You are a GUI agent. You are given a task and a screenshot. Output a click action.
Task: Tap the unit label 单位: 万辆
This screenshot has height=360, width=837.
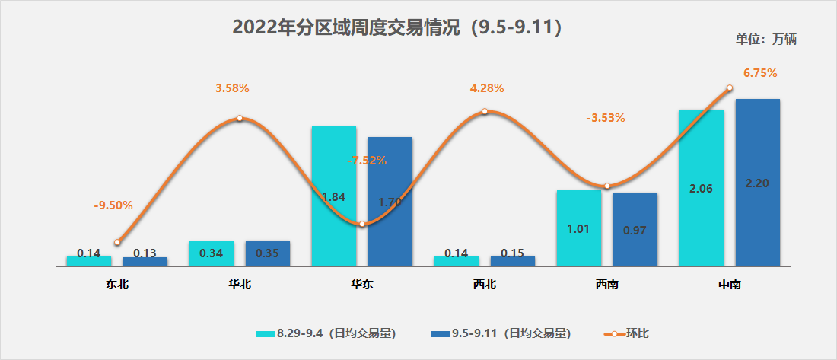[765, 40]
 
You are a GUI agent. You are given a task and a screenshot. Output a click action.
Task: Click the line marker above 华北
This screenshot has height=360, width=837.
[240, 118]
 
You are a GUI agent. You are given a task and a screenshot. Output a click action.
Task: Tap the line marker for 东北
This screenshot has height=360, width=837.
[117, 242]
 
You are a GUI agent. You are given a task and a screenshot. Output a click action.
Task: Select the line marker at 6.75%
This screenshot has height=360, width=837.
[729, 88]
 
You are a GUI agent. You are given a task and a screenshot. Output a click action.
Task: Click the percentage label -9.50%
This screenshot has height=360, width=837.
[113, 205]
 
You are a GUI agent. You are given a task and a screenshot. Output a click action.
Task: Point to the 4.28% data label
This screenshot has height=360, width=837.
[487, 88]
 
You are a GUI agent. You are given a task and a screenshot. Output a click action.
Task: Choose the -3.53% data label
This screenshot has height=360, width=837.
[605, 118]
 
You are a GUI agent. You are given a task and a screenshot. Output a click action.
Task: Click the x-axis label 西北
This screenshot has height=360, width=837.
[484, 285]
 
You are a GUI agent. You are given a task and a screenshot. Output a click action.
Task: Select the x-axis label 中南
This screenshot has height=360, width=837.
[729, 285]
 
